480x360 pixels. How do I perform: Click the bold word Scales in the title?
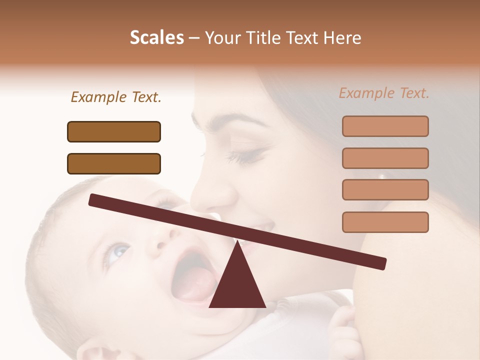[x=156, y=38]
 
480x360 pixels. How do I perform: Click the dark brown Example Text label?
[x=116, y=97]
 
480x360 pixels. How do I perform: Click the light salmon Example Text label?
[x=384, y=93]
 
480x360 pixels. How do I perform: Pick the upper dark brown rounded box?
[x=114, y=131]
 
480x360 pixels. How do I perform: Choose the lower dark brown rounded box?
[x=114, y=163]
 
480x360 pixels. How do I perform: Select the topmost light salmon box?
[x=385, y=126]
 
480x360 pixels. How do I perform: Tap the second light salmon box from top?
[x=385, y=158]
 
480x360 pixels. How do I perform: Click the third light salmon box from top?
[x=385, y=189]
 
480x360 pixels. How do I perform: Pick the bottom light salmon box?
[x=385, y=222]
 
